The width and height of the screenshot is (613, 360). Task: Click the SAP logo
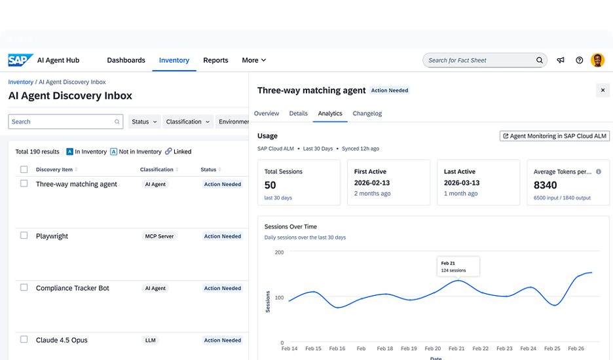coord(20,60)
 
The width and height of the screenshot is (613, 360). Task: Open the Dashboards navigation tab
coord(126,60)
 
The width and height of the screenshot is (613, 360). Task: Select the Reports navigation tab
coord(215,60)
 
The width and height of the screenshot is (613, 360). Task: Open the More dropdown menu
coord(253,60)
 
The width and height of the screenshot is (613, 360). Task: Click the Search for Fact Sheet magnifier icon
coord(539,60)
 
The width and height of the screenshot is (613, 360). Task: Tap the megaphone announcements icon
coord(561,60)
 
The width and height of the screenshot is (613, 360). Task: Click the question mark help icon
coord(580,60)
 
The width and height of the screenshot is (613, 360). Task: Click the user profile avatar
coord(597,60)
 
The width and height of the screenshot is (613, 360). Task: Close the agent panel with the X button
coord(603,90)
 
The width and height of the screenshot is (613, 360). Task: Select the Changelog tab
coord(367,113)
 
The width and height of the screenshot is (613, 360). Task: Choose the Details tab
coord(298,113)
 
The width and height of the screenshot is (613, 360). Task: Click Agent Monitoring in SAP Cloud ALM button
coord(554,136)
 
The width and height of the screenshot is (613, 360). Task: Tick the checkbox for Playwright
coord(24,236)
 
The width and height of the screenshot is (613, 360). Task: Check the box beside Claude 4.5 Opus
coord(24,339)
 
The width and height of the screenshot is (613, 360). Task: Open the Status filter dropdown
coord(144,122)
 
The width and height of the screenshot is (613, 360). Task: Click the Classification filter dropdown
coord(188,122)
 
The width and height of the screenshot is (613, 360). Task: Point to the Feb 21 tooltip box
coord(458,266)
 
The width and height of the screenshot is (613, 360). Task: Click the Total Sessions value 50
coord(270,185)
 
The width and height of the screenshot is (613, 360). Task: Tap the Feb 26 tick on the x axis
coord(576,348)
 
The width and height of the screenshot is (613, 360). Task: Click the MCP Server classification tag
coord(159,236)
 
